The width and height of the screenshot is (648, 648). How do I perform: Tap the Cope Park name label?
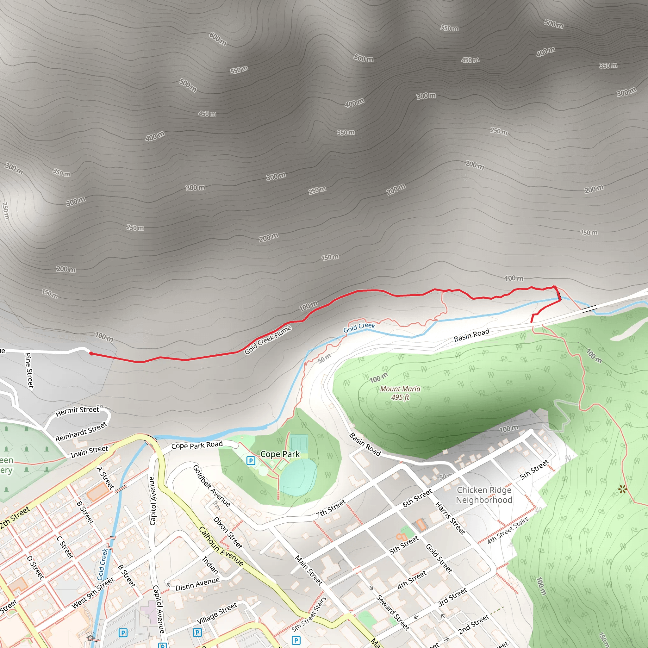[280, 454]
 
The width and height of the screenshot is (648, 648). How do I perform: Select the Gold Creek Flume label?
[268, 340]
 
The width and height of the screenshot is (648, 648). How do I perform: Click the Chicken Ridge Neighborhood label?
[484, 495]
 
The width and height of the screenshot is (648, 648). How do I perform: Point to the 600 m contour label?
[218, 39]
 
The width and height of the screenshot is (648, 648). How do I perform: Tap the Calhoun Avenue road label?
[221, 546]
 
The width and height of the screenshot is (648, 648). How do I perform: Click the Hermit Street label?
[77, 411]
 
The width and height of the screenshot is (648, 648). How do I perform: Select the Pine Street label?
[29, 371]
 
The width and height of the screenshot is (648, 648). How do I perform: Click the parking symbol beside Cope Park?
[251, 461]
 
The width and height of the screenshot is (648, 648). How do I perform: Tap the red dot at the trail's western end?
[91, 353]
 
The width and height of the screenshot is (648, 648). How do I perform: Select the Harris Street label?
[450, 518]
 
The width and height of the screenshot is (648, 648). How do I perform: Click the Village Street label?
[216, 614]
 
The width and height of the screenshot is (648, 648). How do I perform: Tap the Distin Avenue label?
[197, 584]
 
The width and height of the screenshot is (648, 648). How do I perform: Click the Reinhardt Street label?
[81, 432]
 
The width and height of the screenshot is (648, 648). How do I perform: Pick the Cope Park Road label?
[197, 445]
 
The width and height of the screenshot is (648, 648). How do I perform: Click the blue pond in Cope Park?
[298, 476]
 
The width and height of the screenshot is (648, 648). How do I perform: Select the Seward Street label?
[393, 613]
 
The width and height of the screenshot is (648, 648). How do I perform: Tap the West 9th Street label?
[93, 593]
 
